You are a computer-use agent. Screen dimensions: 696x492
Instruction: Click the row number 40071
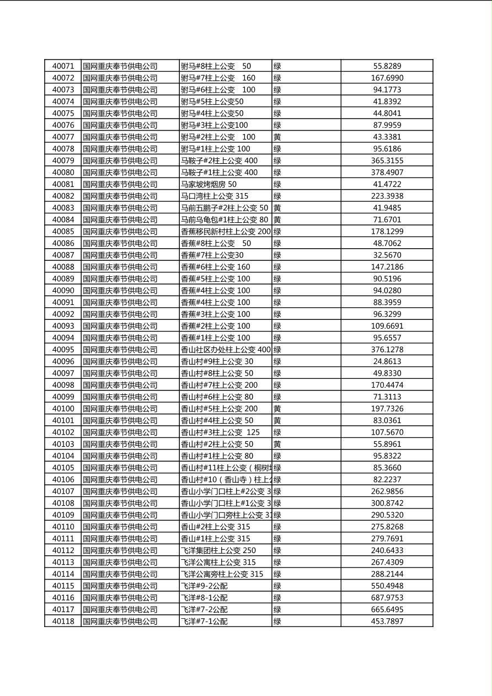[63, 66]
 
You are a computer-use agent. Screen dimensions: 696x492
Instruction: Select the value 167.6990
[387, 78]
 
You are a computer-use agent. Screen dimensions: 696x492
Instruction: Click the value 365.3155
[387, 160]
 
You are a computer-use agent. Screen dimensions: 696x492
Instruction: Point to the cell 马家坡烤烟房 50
[209, 184]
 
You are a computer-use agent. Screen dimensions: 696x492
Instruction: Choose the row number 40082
[63, 196]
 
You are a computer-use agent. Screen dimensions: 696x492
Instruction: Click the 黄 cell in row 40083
[277, 208]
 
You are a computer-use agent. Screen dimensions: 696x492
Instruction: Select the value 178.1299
[387, 232]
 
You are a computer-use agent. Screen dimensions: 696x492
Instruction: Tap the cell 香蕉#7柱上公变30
[212, 255]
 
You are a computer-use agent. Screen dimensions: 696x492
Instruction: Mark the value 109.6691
[387, 326]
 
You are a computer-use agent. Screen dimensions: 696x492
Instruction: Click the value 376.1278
[387, 350]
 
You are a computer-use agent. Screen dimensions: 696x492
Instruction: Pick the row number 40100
[63, 409]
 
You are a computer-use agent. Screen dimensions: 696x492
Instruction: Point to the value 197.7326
[387, 409]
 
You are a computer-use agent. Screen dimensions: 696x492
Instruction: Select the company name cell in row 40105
[120, 468]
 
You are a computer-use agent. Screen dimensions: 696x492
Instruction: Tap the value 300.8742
[387, 503]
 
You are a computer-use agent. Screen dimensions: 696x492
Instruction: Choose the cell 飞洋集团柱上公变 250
[218, 550]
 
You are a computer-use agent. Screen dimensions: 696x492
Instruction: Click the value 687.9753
[387, 598]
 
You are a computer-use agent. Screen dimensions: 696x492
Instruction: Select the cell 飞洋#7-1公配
[205, 622]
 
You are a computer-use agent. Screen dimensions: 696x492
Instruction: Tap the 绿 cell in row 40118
[277, 622]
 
